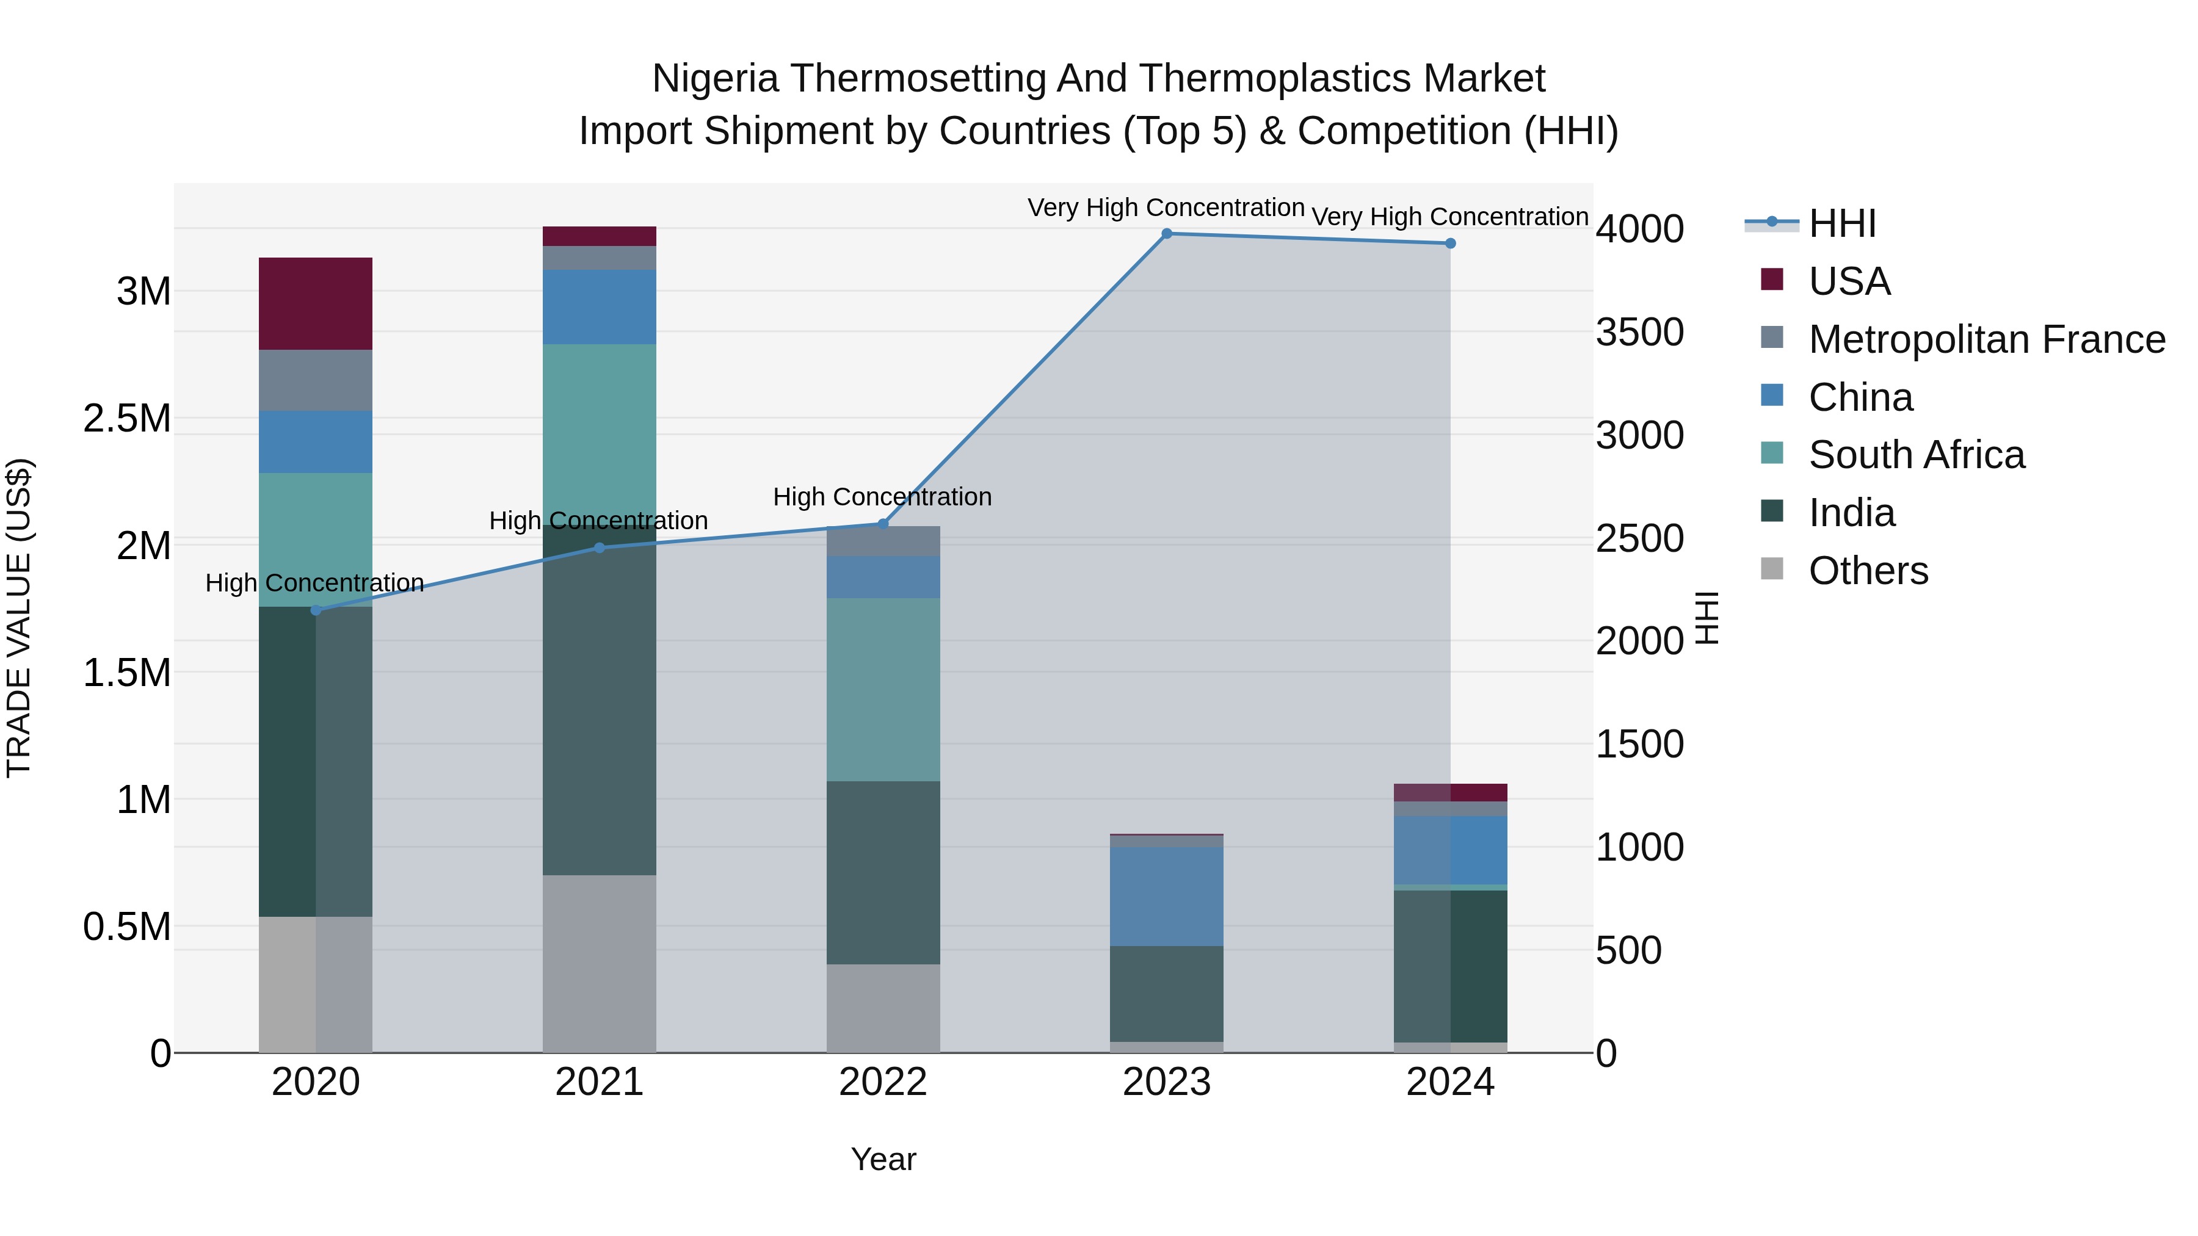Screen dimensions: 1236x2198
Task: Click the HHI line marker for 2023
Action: point(1166,233)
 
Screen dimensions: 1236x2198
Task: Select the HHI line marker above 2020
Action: point(316,610)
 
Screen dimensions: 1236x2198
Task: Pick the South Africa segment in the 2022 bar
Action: point(883,689)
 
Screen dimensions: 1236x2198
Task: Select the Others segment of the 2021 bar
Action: point(599,963)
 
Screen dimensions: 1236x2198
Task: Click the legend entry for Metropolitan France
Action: point(1986,339)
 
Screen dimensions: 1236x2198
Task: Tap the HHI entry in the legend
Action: point(1841,223)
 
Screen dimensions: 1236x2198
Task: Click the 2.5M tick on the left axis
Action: point(126,419)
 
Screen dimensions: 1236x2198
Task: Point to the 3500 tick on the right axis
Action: point(1639,333)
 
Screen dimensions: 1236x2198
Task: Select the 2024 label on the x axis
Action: point(1449,1082)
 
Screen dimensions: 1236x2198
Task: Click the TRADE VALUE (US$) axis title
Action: point(20,618)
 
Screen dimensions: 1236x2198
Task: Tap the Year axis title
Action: point(883,1159)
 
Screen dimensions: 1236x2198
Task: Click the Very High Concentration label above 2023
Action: point(1166,208)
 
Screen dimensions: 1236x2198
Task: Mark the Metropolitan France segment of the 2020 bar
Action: point(316,380)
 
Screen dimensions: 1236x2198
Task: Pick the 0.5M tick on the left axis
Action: point(126,927)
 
